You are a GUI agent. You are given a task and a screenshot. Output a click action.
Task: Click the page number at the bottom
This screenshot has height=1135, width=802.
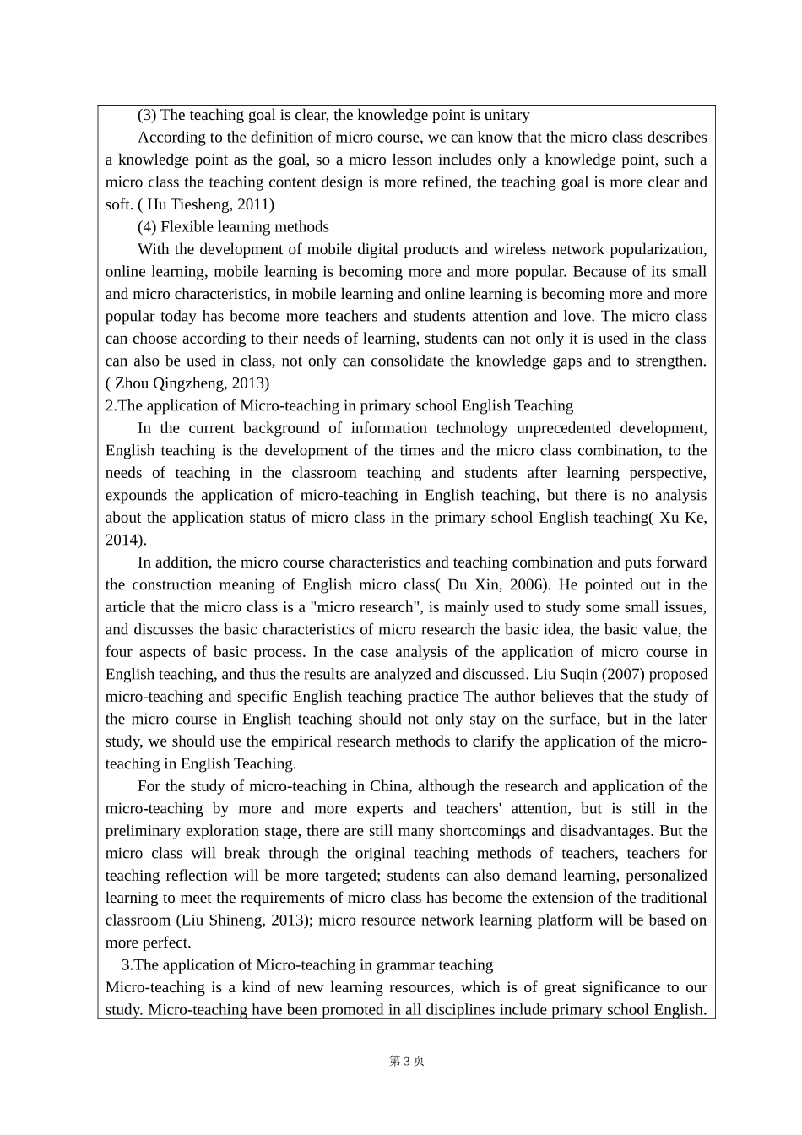point(406,1061)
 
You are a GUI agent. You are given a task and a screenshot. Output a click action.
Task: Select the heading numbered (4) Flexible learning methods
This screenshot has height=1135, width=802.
point(233,226)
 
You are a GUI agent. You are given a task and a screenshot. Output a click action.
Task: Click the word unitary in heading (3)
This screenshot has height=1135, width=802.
point(503,115)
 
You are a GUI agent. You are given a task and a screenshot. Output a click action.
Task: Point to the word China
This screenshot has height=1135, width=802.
point(390,786)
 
